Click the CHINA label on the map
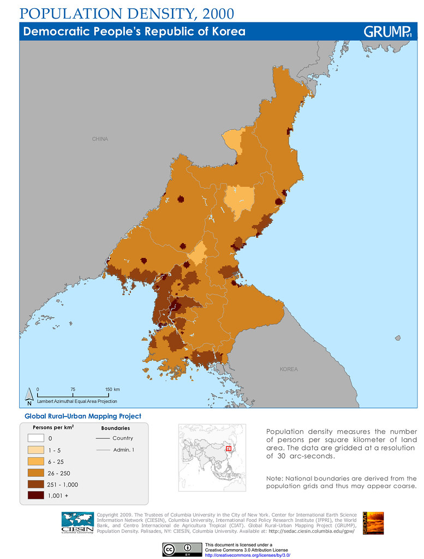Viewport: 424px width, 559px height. (100, 139)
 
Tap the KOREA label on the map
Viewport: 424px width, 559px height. (289, 370)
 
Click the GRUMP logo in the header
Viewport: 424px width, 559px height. (387, 32)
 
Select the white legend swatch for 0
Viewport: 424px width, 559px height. (38, 438)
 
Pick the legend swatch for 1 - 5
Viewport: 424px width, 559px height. (38, 450)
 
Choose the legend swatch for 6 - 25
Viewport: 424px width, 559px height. (38, 462)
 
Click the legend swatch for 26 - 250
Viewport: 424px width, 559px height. (38, 473)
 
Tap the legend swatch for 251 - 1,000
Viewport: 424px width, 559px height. (38, 484)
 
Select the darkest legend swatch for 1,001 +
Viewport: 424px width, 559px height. (38, 496)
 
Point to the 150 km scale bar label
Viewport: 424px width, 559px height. (112, 389)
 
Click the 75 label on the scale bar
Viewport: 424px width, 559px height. (73, 389)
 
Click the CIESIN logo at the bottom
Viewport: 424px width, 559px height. (77, 524)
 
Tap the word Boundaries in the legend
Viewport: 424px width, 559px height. (115, 428)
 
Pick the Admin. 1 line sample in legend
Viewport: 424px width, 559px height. (103, 450)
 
